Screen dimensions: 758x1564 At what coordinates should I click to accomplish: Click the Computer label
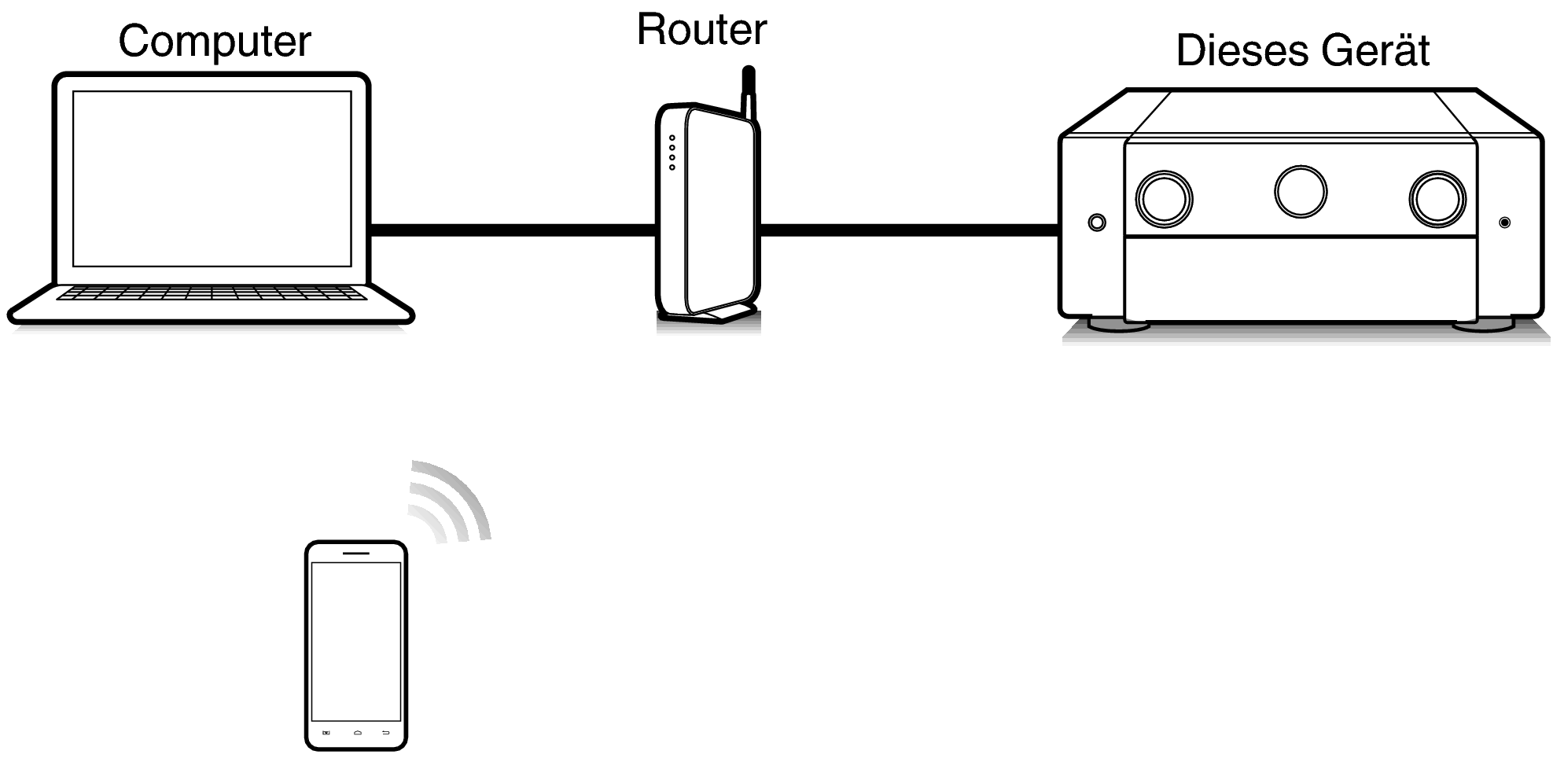point(214,42)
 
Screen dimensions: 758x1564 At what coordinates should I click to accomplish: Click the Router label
point(701,30)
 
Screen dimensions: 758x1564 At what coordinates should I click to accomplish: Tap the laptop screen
point(212,178)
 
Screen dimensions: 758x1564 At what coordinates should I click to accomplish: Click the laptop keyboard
point(211,293)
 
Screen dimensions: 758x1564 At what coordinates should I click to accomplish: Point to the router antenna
point(749,93)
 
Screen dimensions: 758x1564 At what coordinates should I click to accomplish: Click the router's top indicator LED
point(672,138)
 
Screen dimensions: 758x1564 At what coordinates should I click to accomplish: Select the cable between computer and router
point(511,230)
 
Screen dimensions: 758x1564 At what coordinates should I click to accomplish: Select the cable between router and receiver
point(908,230)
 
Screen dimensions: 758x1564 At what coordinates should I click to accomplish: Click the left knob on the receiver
point(1164,198)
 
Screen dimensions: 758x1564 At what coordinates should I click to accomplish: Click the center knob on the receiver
point(1300,191)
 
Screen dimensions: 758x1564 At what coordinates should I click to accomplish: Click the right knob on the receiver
point(1437,198)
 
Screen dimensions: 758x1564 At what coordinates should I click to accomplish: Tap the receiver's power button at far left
point(1097,223)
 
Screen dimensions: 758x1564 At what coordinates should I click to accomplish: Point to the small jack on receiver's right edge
point(1504,223)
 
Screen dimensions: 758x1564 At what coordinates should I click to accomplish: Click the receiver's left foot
point(1118,325)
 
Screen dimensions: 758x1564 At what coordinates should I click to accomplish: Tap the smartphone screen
point(356,641)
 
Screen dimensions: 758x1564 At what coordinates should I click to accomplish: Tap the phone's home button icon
point(357,733)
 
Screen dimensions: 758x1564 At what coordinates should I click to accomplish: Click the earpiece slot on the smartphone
point(356,554)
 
